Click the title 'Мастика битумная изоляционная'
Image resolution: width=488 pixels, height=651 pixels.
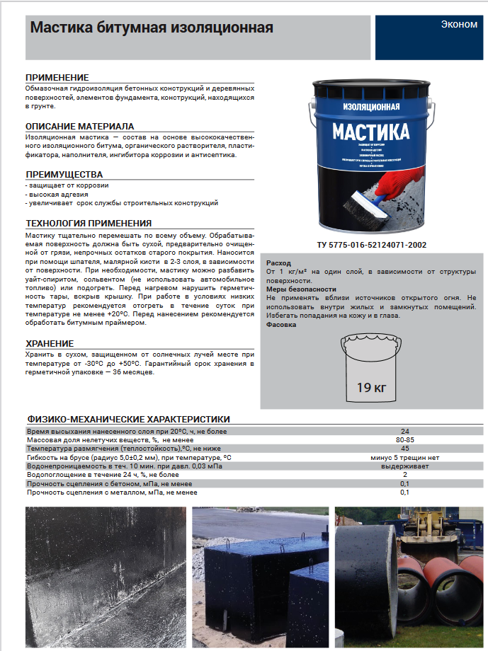(x=151, y=28)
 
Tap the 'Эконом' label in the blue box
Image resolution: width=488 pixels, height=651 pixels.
(x=459, y=24)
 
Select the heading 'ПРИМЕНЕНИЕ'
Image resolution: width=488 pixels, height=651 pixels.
(x=57, y=77)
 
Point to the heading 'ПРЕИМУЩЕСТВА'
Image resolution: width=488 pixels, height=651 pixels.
(x=64, y=174)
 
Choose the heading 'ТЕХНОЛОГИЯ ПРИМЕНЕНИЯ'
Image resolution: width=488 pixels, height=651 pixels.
(x=89, y=223)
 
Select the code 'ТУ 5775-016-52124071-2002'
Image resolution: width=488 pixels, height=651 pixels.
(x=372, y=246)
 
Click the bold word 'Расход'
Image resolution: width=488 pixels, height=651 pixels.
(x=278, y=263)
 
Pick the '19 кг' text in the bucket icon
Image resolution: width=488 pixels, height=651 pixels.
(x=371, y=386)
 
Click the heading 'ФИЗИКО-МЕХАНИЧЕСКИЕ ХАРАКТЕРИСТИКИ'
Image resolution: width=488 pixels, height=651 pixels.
(x=128, y=419)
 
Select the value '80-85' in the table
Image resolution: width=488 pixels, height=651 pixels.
(x=404, y=440)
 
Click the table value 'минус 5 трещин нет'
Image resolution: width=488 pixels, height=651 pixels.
(x=404, y=458)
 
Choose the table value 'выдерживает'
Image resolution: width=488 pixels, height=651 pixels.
(x=404, y=466)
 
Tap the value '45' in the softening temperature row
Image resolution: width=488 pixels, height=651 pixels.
(x=404, y=449)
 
